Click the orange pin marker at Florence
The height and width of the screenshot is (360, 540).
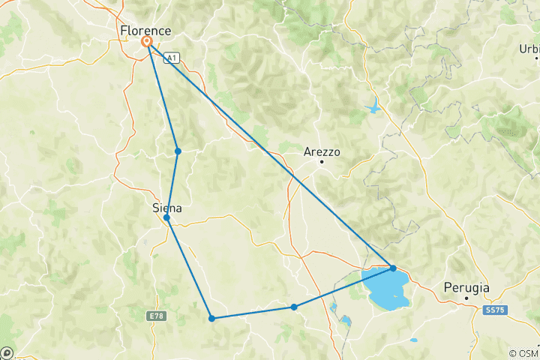(x=147, y=42)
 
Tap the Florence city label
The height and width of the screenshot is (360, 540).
(x=145, y=30)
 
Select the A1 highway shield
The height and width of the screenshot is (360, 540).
(x=172, y=57)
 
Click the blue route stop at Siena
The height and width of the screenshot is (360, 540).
(x=166, y=217)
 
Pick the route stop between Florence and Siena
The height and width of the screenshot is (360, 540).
(x=178, y=151)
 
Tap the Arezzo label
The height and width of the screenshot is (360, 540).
(x=322, y=151)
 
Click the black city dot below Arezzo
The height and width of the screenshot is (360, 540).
(x=322, y=161)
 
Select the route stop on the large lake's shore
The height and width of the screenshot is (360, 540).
(x=393, y=268)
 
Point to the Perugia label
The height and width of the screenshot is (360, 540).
(x=466, y=287)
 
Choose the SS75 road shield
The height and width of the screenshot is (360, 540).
(x=494, y=309)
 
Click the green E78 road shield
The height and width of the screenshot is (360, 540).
(x=156, y=316)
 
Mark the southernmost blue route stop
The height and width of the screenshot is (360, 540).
(x=212, y=318)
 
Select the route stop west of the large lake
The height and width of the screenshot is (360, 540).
(x=294, y=307)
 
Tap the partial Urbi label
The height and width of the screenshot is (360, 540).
(x=529, y=49)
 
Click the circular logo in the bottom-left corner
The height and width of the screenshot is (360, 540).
(x=7, y=352)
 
